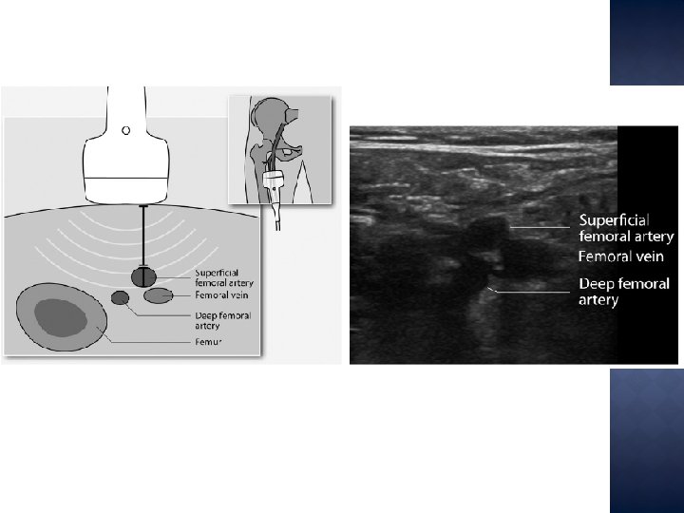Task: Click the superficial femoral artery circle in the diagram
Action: pyautogui.click(x=144, y=276)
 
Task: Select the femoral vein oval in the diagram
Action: pyautogui.click(x=158, y=296)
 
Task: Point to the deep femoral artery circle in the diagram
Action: pyautogui.click(x=120, y=298)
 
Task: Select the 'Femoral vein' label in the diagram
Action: pyautogui.click(x=216, y=296)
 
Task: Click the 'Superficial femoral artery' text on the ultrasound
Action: pyautogui.click(x=626, y=228)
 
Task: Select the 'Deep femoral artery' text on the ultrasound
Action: pyautogui.click(x=624, y=292)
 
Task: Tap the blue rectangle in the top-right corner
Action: pyautogui.click(x=646, y=42)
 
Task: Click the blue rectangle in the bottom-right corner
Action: pyautogui.click(x=646, y=440)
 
